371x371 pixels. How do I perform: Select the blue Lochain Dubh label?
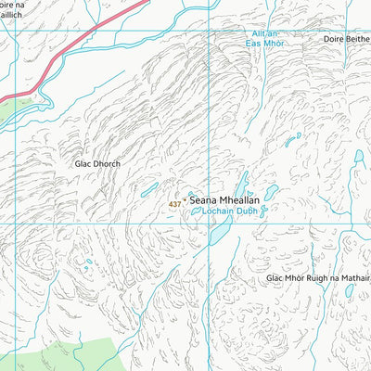tap(224, 211)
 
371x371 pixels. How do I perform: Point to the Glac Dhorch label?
tap(98, 163)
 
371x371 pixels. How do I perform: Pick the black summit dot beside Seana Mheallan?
tap(185, 199)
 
